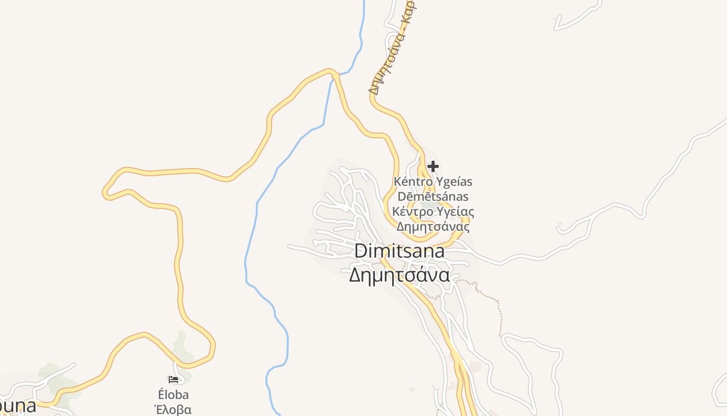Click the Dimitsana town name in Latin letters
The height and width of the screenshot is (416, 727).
399,252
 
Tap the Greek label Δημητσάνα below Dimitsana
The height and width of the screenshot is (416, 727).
399,275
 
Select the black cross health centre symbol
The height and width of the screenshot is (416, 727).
433,166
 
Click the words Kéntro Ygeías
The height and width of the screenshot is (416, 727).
433,182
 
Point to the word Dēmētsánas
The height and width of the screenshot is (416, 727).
433,197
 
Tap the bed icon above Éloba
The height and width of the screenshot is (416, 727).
173,380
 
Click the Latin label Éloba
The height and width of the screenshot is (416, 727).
173,395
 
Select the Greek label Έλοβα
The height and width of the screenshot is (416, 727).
173,409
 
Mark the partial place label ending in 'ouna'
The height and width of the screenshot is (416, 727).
18,405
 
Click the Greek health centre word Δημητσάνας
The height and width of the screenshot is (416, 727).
433,227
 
